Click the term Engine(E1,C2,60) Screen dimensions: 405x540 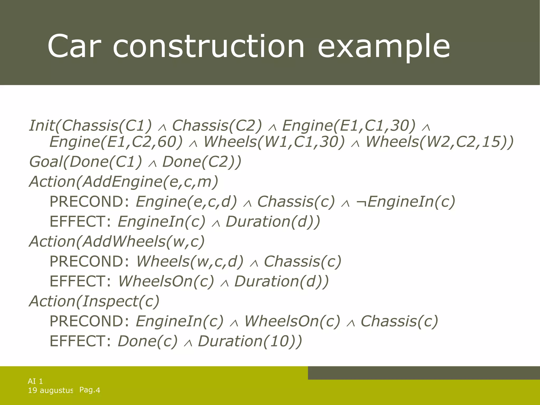(x=116, y=142)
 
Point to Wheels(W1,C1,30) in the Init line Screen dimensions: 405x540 (x=274, y=142)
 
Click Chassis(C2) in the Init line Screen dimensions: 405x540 (x=217, y=126)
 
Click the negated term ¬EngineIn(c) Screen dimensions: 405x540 (x=406, y=202)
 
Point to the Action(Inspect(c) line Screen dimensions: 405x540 (x=94, y=301)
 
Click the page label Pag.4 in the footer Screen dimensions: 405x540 (x=90, y=390)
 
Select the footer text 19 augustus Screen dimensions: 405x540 (x=50, y=390)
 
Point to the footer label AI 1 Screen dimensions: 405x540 (x=35, y=381)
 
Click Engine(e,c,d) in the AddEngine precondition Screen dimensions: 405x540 (x=186, y=202)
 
